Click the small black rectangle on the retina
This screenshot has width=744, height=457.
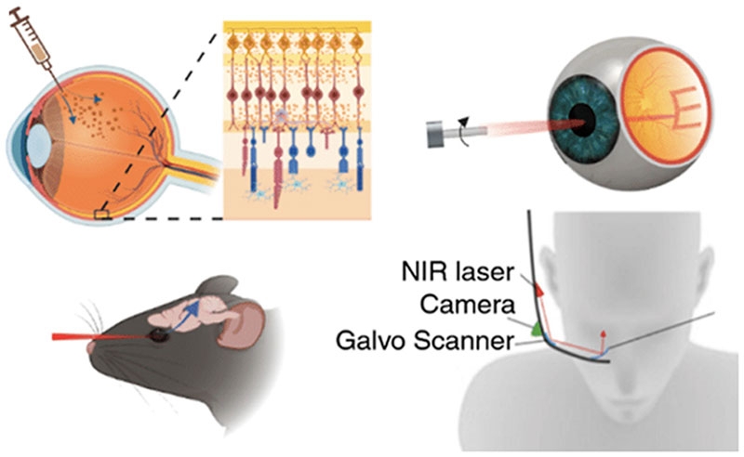click(100, 215)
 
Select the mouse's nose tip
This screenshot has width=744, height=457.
click(91, 347)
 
